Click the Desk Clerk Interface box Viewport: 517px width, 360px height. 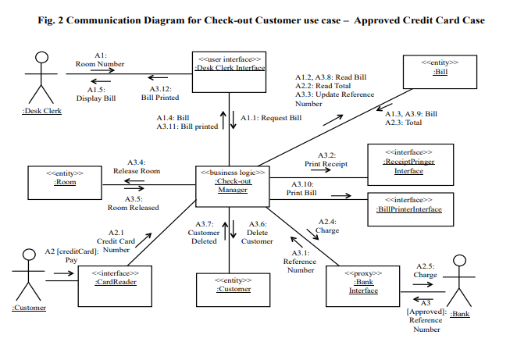point(229,63)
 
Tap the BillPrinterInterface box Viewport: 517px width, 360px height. point(408,205)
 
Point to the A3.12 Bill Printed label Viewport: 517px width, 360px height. point(160,93)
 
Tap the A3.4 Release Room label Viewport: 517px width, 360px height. point(137,166)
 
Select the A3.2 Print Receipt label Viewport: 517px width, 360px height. point(326,160)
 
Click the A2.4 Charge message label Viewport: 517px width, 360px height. point(327,226)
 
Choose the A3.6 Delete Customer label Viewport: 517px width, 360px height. point(256,233)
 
